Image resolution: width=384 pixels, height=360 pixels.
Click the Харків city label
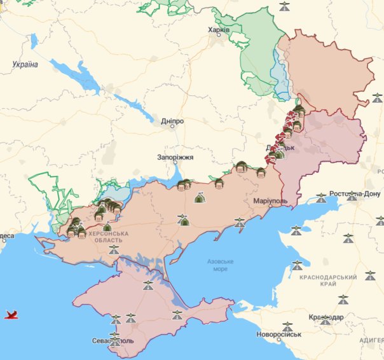[219, 29]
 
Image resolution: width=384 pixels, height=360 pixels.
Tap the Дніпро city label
[172, 120]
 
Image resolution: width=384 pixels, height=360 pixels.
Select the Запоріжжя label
[175, 157]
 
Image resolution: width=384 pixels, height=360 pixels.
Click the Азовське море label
[221, 265]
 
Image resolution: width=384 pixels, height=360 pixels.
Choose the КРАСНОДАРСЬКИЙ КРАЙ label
[329, 282]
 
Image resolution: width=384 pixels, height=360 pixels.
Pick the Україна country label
[25, 64]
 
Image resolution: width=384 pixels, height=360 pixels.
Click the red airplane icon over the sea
[10, 314]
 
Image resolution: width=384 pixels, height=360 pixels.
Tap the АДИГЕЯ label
[371, 340]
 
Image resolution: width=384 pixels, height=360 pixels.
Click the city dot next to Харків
[219, 35]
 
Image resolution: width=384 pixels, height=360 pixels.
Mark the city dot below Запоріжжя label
[175, 163]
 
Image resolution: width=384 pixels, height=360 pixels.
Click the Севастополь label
[112, 341]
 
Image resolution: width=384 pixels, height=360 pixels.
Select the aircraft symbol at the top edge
[285, 6]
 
